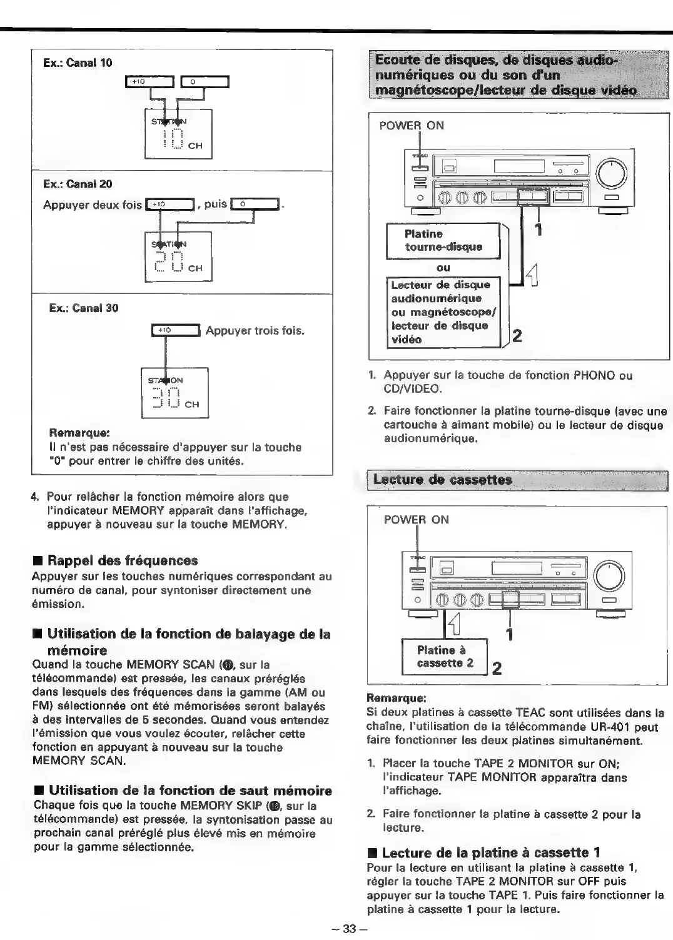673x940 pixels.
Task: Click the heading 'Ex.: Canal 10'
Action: pos(78,63)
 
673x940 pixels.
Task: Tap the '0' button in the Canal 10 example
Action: pos(205,81)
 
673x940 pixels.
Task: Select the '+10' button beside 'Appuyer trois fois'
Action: pos(175,330)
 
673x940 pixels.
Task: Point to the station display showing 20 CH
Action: pos(178,256)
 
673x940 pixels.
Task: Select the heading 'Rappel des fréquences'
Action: pos(123,560)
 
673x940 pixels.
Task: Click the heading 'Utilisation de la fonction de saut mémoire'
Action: pos(190,791)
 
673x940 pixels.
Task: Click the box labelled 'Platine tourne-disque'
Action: pos(443,240)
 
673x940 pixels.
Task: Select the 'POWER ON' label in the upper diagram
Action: pos(412,126)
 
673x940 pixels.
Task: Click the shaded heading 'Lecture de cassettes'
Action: pos(443,480)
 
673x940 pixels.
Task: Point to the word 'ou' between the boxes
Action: pos(443,268)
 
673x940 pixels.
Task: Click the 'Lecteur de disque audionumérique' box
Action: pos(443,312)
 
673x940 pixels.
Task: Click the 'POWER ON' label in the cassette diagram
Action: pos(416,520)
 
